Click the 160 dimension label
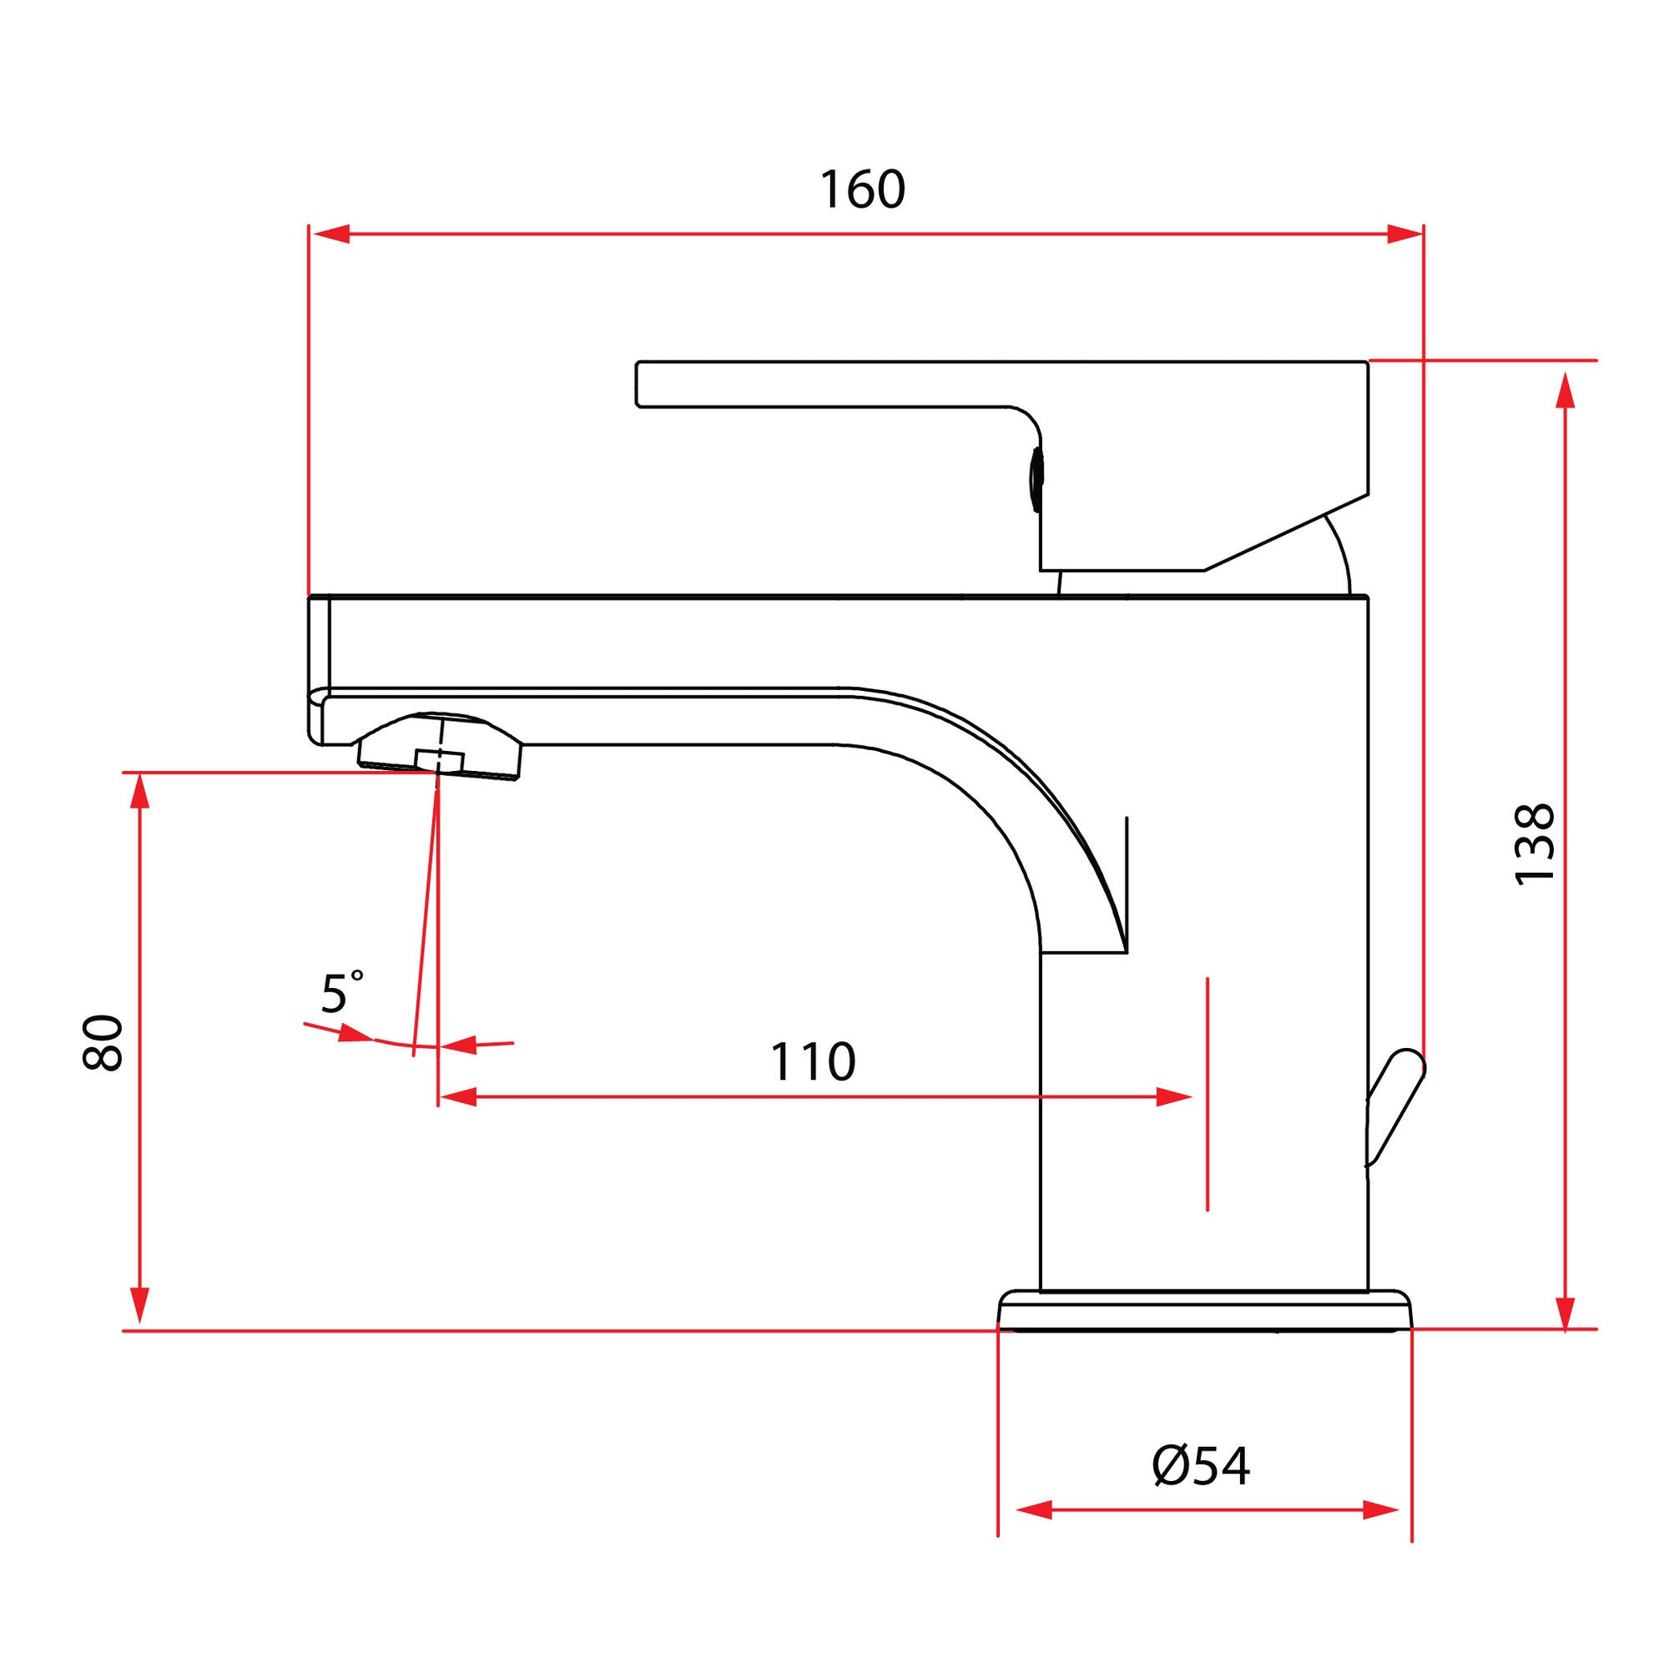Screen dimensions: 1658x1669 862,189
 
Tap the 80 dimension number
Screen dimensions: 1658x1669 103,1043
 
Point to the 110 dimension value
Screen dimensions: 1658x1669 812,1062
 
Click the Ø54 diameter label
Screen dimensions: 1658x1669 1201,1466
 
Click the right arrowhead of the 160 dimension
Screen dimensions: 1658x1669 1404,234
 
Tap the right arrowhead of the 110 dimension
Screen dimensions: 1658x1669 1174,1097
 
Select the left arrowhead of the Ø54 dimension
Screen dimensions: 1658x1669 1034,1510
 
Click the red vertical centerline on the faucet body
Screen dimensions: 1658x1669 1207,1094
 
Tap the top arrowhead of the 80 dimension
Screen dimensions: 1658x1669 140,790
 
